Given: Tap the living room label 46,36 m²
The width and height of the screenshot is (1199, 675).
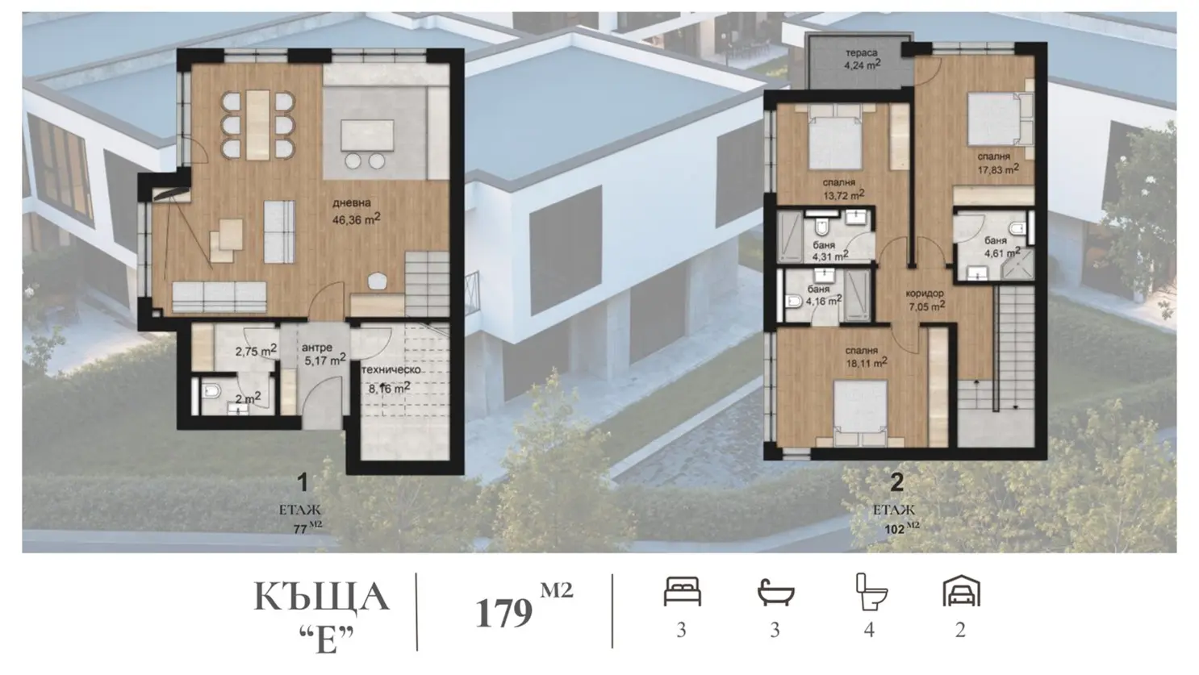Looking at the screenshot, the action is pyautogui.click(x=356, y=212).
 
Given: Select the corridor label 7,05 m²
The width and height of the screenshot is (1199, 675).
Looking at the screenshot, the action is pyautogui.click(x=925, y=300).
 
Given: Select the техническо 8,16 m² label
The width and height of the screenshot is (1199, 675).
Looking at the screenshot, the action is pyautogui.click(x=391, y=379).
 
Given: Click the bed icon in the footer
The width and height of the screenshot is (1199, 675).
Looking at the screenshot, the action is pyautogui.click(x=682, y=591).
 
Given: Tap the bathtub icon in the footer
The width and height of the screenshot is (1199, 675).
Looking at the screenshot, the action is pyautogui.click(x=776, y=592).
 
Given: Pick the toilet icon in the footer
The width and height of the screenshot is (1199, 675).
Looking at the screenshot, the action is pyautogui.click(x=871, y=592).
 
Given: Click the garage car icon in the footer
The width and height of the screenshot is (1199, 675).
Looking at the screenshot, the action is pyautogui.click(x=961, y=591).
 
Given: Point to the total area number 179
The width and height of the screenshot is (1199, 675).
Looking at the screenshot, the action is pyautogui.click(x=503, y=613).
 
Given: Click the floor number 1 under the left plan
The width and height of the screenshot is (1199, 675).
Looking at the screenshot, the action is pyautogui.click(x=303, y=482).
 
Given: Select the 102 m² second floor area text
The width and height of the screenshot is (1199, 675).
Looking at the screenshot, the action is pyautogui.click(x=902, y=528).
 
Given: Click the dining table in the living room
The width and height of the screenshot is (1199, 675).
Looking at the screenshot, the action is pyautogui.click(x=258, y=125).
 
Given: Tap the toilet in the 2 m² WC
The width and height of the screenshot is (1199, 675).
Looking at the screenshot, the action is pyautogui.click(x=211, y=391).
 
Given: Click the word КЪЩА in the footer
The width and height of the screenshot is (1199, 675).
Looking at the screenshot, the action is pyautogui.click(x=321, y=597).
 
